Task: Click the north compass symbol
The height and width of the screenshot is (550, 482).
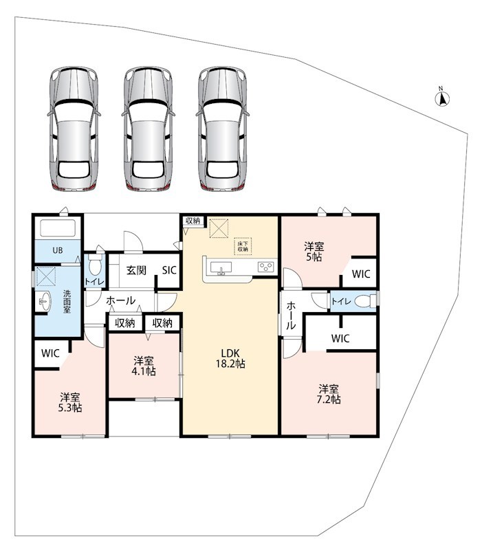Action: point(442,98)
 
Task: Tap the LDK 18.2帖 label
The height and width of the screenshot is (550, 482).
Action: point(230,358)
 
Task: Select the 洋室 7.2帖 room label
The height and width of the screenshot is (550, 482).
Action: point(329,394)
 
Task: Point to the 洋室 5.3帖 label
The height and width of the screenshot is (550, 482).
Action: point(70,403)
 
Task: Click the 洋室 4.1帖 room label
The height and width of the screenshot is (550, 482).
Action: point(144,366)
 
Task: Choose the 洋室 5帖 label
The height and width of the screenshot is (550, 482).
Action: point(314,252)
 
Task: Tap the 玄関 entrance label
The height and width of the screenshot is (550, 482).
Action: point(136,270)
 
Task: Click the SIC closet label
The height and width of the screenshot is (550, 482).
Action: point(169,270)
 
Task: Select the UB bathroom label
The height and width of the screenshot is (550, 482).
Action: point(58,250)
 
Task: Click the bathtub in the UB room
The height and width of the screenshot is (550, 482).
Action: point(58,228)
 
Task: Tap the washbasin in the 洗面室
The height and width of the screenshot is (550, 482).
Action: point(45,301)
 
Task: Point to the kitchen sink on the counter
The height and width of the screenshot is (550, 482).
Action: point(221,268)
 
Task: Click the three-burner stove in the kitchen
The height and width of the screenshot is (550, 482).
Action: point(266,267)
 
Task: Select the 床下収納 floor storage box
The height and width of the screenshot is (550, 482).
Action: point(243,246)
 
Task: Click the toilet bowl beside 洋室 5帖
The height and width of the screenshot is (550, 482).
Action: point(363,301)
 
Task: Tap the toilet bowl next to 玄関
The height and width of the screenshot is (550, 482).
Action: point(95,265)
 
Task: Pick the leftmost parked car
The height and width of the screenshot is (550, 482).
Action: point(74,129)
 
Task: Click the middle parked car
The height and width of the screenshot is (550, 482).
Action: point(148,129)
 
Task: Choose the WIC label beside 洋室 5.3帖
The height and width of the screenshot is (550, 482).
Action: point(50,353)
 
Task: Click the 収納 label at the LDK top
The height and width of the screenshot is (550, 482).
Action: point(193,221)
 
